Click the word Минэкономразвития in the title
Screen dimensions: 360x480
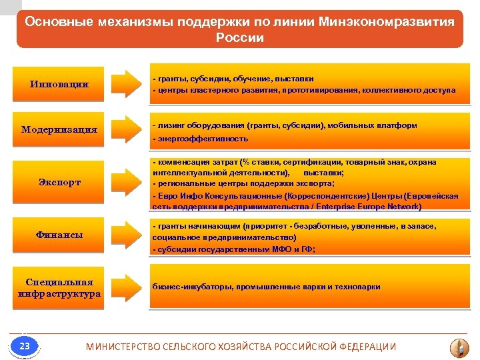(x=393, y=21)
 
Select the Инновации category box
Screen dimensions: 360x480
(x=59, y=85)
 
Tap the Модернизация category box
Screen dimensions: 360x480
(x=59, y=129)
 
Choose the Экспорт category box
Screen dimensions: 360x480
(x=59, y=182)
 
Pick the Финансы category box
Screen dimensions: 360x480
(x=59, y=235)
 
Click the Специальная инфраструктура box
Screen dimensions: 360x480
(x=59, y=287)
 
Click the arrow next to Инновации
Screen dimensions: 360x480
(x=127, y=83)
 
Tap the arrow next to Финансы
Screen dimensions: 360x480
(x=127, y=235)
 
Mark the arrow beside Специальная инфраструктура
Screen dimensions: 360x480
(x=127, y=287)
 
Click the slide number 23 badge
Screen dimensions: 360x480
(x=25, y=346)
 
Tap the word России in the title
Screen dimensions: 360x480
(x=240, y=38)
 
